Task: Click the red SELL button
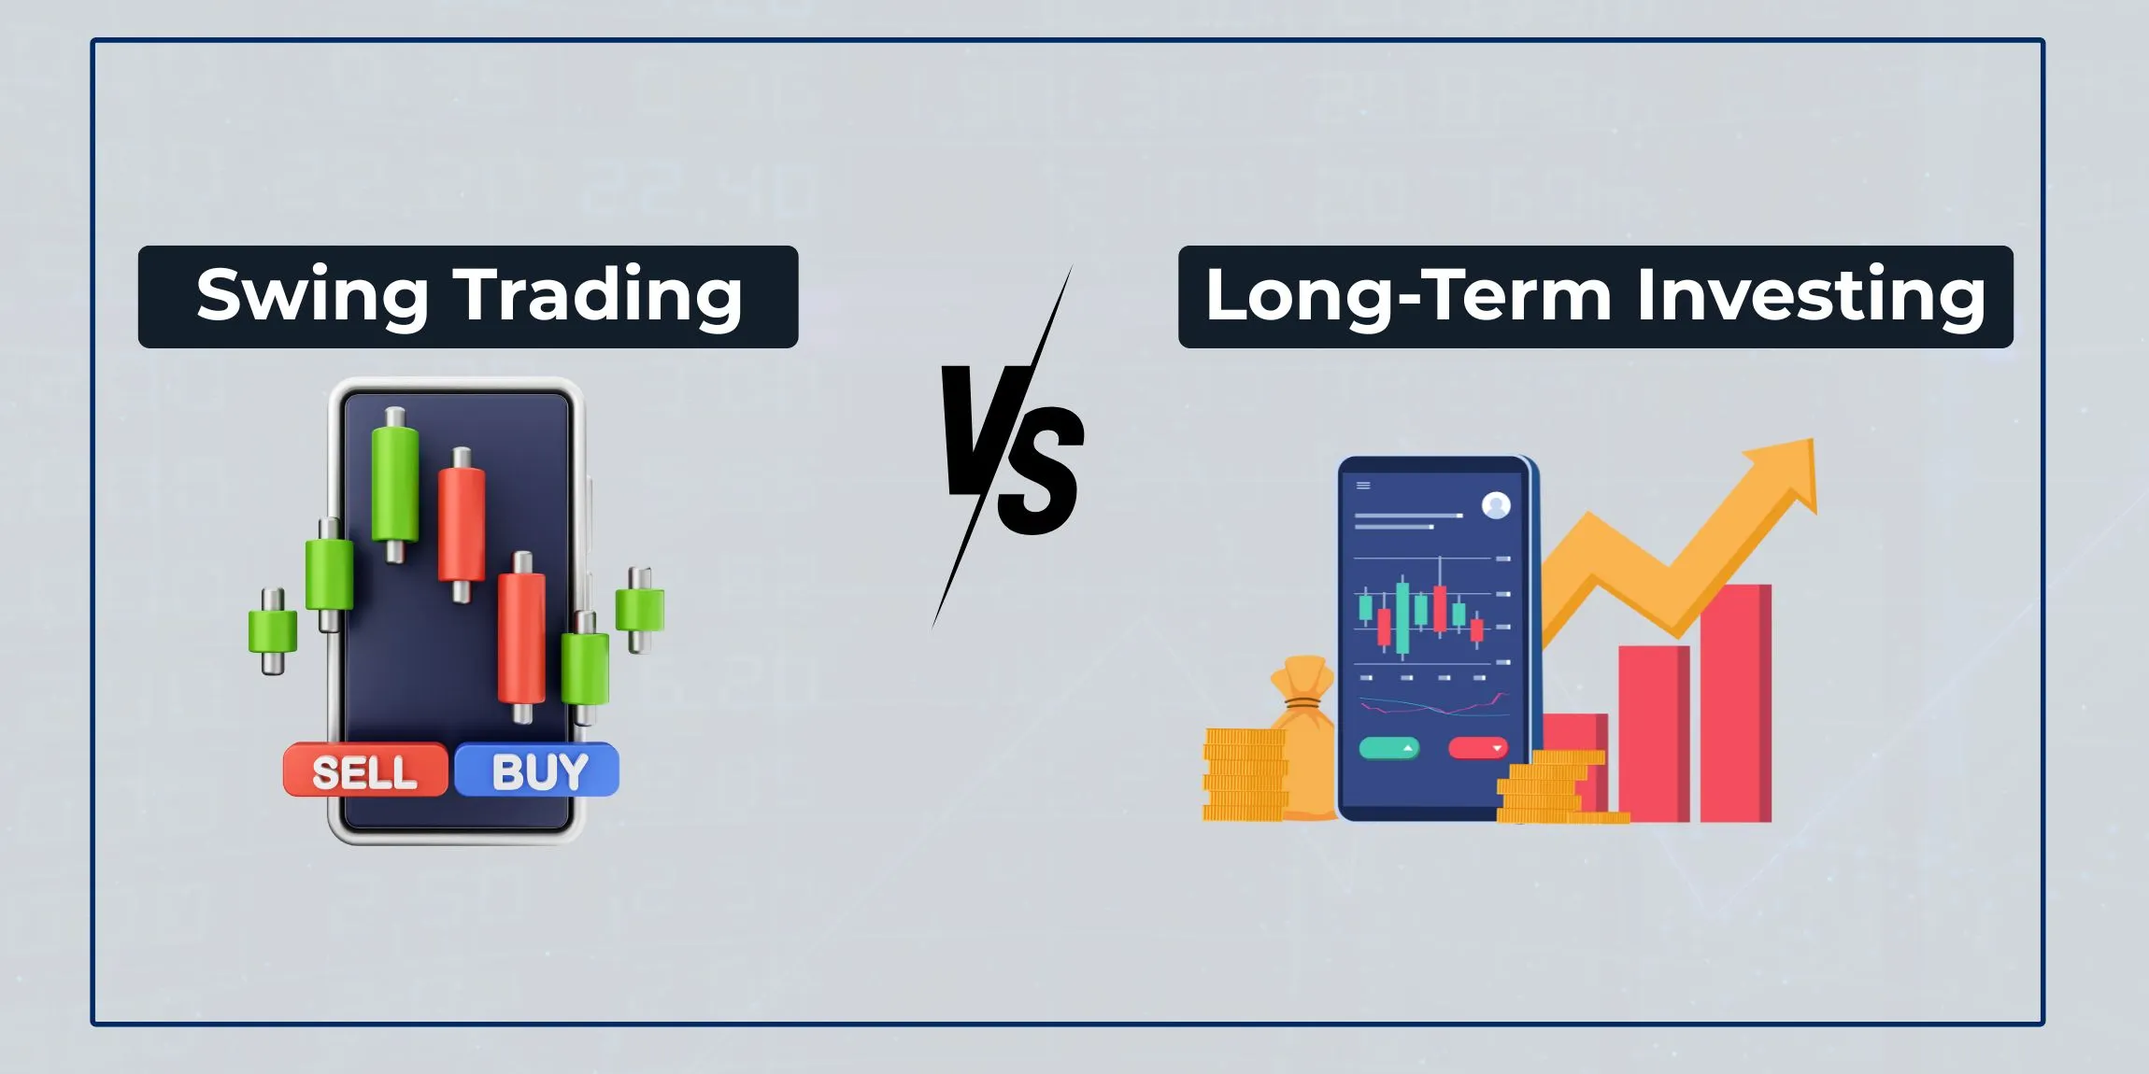click(365, 770)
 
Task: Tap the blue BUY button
click(537, 770)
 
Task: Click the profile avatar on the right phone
click(1496, 505)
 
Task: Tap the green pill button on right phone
click(1389, 748)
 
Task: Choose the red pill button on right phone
click(1477, 748)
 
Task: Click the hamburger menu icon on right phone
click(1363, 486)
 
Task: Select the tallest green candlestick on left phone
click(395, 483)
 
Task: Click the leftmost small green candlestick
click(272, 630)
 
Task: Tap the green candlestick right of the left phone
click(640, 609)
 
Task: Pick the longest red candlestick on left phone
click(521, 638)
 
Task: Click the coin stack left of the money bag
click(1244, 775)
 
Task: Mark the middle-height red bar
click(1653, 733)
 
